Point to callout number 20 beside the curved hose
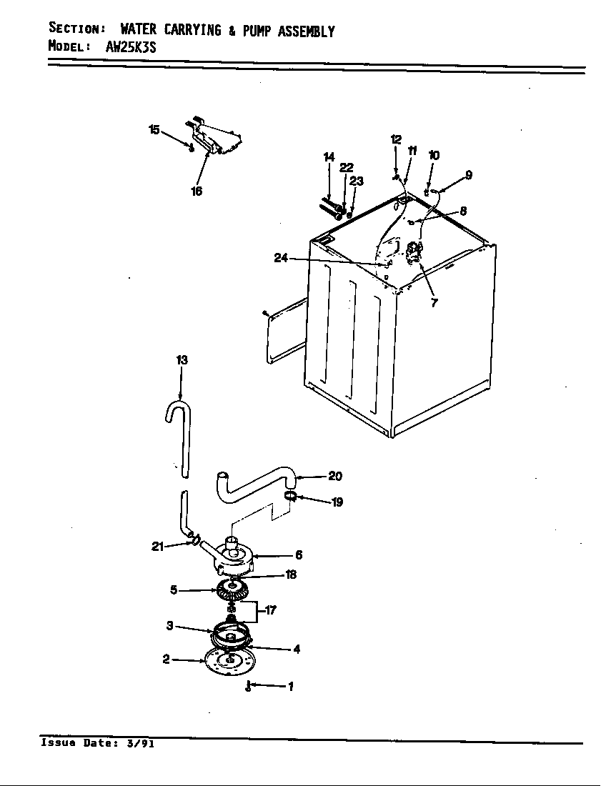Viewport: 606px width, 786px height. [335, 477]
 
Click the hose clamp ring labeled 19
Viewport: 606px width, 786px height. [290, 495]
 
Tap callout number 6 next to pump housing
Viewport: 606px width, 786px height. [298, 554]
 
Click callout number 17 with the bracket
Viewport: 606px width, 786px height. [271, 610]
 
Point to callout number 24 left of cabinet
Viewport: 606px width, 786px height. [281, 258]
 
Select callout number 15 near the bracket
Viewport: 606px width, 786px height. [154, 129]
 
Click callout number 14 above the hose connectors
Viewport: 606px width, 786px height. [329, 157]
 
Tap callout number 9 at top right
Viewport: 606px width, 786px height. [468, 174]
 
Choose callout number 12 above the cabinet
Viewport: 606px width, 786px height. [396, 139]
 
